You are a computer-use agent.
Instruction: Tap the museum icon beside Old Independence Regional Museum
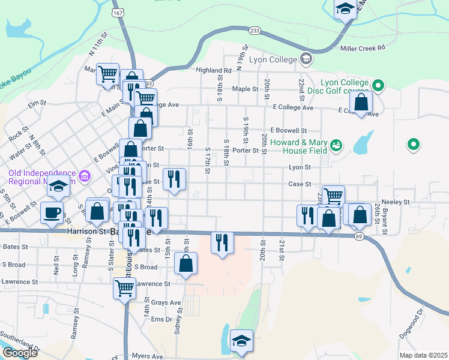pos(85,176)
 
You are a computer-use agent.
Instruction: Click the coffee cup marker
pos(52,212)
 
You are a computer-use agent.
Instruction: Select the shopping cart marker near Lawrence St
pos(124,287)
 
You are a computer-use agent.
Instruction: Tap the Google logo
pos(20,352)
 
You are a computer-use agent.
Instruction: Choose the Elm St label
pos(37,103)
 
